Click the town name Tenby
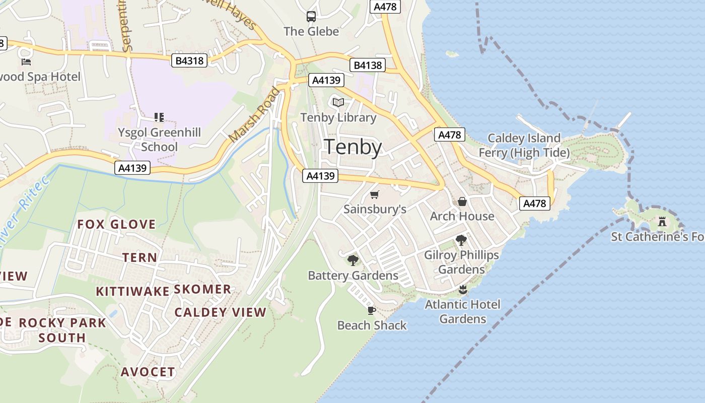352,147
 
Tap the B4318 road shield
190,61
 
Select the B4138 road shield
367,65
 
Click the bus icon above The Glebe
311,16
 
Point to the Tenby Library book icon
338,103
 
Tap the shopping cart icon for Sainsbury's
374,194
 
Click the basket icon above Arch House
462,201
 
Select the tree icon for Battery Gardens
352,260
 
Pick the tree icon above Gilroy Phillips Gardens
461,240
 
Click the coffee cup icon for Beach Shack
372,310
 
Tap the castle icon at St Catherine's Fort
662,221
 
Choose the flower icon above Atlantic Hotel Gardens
463,289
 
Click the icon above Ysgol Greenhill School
159,117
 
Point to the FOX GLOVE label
116,224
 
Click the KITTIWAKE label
132,291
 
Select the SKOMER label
202,289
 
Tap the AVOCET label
148,372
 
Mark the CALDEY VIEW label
220,312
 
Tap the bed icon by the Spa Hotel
26,61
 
